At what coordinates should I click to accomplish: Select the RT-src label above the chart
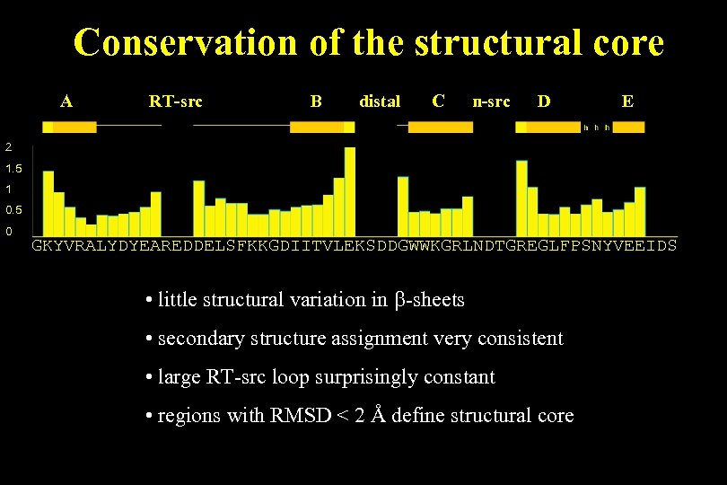[x=175, y=101]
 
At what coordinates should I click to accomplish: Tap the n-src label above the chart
[x=491, y=101]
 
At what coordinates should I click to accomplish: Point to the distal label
[x=380, y=101]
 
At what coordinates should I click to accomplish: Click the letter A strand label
[x=66, y=101]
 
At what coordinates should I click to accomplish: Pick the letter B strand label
[x=316, y=101]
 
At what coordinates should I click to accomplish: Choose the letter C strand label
[x=438, y=101]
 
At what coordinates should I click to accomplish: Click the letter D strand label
[x=544, y=101]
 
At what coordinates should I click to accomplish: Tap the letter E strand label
[x=627, y=101]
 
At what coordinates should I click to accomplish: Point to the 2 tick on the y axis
[x=8, y=146]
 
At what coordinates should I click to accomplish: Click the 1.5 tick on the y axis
[x=13, y=168]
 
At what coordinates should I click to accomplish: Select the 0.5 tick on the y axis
[x=13, y=210]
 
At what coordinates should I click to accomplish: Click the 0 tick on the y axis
[x=8, y=232]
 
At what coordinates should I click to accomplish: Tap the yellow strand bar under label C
[x=440, y=128]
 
